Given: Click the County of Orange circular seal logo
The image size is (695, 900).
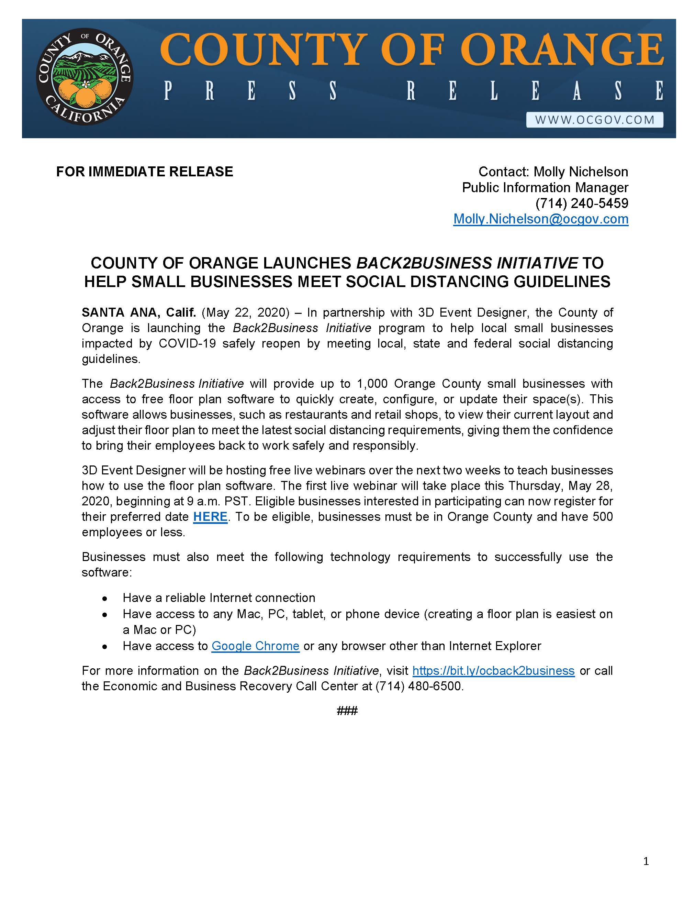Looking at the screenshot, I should (x=85, y=77).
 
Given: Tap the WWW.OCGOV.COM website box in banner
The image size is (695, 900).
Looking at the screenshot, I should (x=595, y=120).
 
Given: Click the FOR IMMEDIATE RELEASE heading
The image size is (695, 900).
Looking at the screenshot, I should (x=145, y=172).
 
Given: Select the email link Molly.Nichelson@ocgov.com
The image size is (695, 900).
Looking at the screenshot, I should (x=541, y=219).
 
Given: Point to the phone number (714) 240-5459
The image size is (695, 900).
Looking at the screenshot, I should (x=581, y=203).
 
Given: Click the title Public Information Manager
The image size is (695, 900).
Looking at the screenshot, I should (x=545, y=187).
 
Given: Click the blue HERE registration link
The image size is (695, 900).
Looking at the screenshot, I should (x=210, y=517).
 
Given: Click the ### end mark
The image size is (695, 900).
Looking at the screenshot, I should (x=347, y=711).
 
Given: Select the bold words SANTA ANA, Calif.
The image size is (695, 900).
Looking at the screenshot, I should (x=139, y=312).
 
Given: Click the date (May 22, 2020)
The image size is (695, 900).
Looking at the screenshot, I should (x=246, y=312).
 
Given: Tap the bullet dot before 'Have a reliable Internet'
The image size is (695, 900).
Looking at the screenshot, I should (x=105, y=599).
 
